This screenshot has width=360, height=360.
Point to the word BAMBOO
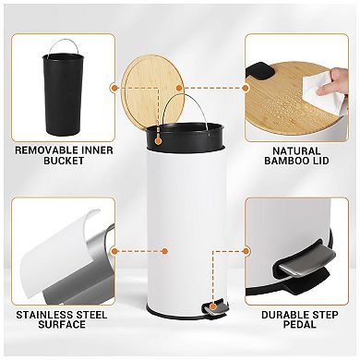(x=282, y=162)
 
